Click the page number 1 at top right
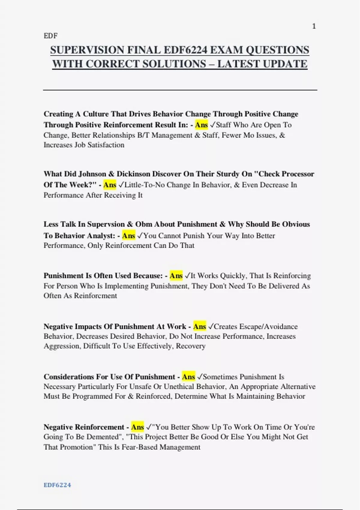pyautogui.click(x=314, y=26)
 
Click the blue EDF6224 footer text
pyautogui.click(x=57, y=485)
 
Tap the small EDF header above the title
pyautogui.click(x=50, y=36)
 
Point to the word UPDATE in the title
pyautogui.click(x=285, y=64)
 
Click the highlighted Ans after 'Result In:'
pyautogui.click(x=201, y=125)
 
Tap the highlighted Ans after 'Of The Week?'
pyautogui.click(x=110, y=185)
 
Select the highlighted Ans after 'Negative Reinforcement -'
pyautogui.click(x=137, y=427)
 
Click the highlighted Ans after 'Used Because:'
pyautogui.click(x=176, y=275)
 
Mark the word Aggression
pyautogui.click(x=62, y=346)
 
